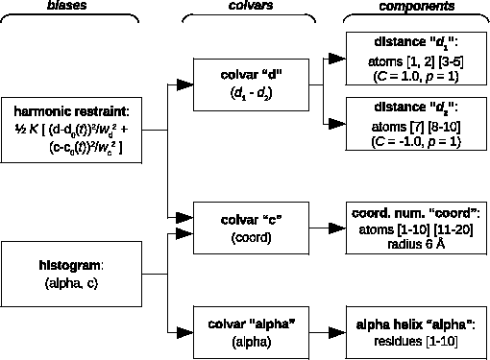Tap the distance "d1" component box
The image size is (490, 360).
point(416,60)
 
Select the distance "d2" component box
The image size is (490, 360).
point(416,121)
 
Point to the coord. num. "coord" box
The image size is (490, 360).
point(416,227)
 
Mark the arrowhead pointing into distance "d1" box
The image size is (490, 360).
point(337,60)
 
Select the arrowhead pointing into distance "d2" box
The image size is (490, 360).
point(337,122)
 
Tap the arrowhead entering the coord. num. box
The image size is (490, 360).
point(337,227)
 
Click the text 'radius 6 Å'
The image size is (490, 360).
point(416,243)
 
